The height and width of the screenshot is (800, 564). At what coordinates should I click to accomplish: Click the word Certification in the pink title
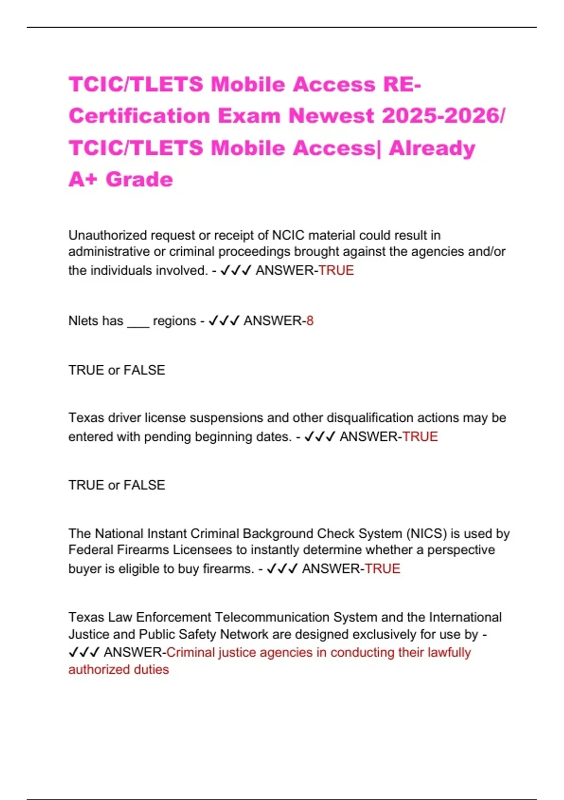tap(139, 116)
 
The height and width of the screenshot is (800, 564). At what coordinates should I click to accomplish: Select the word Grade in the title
tap(139, 179)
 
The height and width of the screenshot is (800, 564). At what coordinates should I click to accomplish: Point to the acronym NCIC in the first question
tap(288, 235)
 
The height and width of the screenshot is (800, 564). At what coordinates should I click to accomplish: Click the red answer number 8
tap(310, 321)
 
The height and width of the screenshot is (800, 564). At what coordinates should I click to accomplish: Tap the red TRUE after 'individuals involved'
tap(336, 271)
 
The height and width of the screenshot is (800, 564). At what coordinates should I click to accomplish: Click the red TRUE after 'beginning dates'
tap(420, 437)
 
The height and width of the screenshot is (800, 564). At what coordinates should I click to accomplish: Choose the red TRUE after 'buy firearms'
tap(383, 569)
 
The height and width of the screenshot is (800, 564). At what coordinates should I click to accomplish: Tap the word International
tap(465, 617)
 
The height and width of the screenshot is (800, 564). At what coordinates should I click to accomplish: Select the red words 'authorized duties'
tap(118, 670)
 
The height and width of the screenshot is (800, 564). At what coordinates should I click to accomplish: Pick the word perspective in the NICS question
tap(461, 550)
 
